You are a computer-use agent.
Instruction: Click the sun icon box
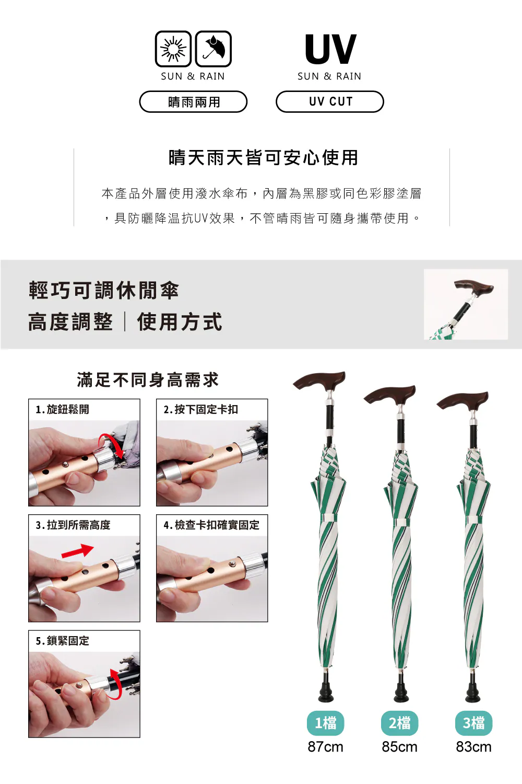coord(173,49)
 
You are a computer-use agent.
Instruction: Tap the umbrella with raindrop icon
coord(213,49)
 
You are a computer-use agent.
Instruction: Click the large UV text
coord(330,49)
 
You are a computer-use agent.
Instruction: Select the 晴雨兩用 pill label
coord(193,101)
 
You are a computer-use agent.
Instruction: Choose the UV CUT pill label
coord(330,101)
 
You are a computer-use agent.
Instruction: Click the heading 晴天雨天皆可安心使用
coord(263,157)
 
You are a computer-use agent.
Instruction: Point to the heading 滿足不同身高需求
coord(148,380)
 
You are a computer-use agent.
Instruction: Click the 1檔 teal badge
coord(326,723)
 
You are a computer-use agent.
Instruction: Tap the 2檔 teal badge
coord(400,723)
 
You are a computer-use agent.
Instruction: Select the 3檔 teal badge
coord(474,723)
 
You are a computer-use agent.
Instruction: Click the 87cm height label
coord(326,747)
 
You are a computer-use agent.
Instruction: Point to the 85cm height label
coord(400,747)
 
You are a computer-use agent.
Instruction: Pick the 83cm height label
coord(474,747)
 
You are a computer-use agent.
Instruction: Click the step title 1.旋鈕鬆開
coord(63,409)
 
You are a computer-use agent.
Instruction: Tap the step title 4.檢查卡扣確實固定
coord(211,525)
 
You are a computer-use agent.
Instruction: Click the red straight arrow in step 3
coord(78,551)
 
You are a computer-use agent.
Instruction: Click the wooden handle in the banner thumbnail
coord(474,287)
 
